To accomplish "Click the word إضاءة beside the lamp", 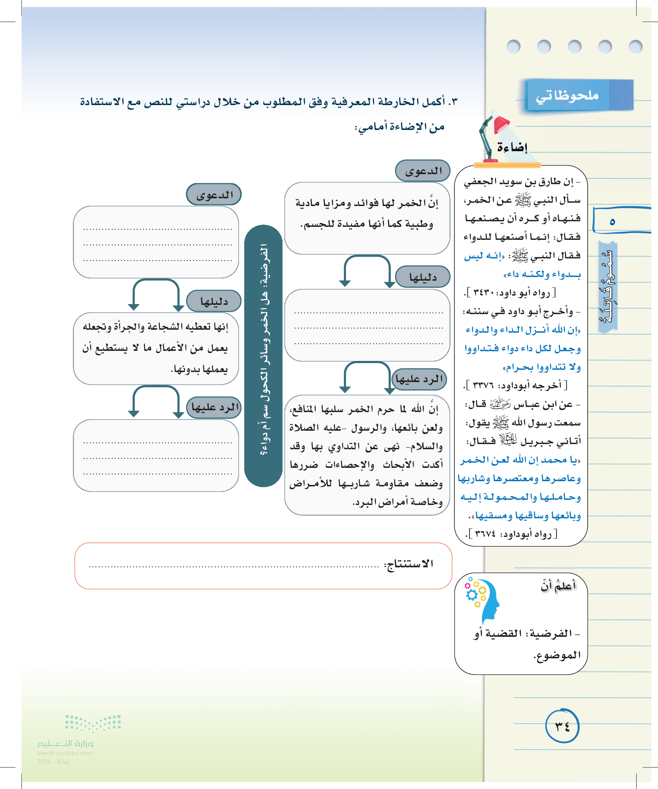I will click(512, 147).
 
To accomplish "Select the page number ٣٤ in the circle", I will click(562, 726).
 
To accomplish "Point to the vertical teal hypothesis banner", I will click(263, 355).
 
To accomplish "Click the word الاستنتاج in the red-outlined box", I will click(409, 564).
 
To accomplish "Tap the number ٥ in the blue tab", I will click(612, 222).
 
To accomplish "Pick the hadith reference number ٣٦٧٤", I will click(485, 534).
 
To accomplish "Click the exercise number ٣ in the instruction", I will click(454, 102).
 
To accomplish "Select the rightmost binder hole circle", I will click(635, 46).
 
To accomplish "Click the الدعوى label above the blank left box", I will click(214, 195).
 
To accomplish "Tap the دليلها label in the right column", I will click(423, 277).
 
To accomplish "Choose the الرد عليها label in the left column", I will click(215, 407).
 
